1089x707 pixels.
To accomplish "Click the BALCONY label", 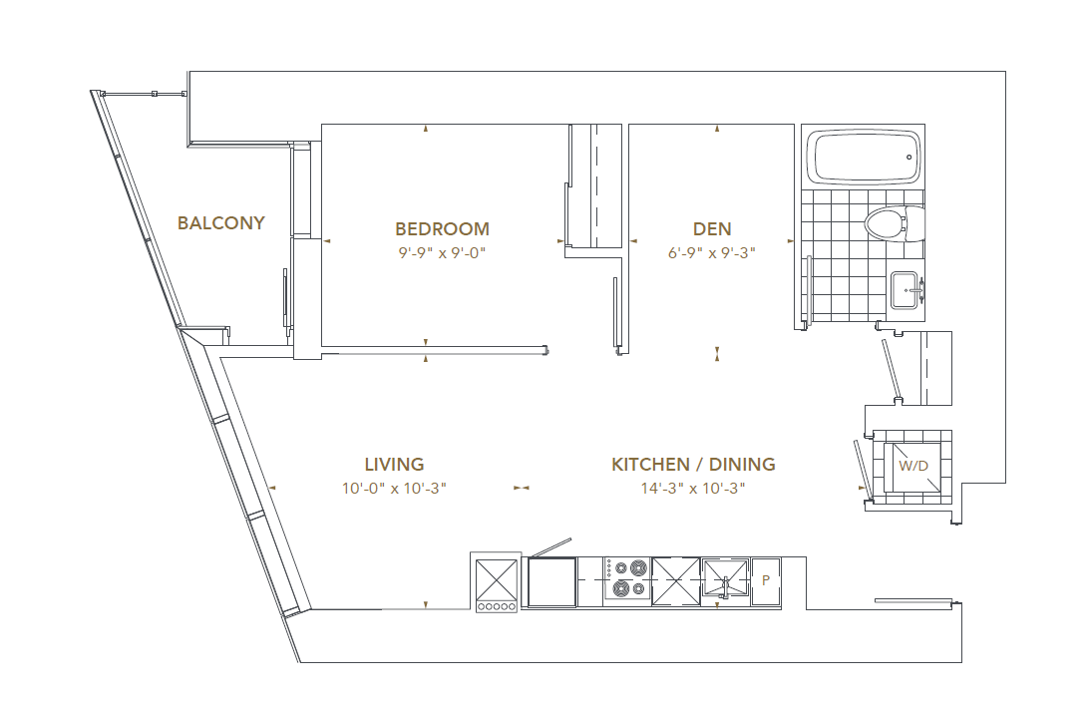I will [220, 223].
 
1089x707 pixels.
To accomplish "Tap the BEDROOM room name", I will [442, 229].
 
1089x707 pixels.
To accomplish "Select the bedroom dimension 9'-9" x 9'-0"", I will [442, 253].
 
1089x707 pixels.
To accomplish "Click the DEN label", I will [712, 229].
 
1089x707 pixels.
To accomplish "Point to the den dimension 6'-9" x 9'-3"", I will [712, 253].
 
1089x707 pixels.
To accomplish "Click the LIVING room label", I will [394, 465].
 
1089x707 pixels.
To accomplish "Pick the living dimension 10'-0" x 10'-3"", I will [394, 489].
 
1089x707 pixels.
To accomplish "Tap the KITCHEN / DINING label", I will [693, 465].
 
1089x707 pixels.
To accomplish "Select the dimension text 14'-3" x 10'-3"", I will [693, 489].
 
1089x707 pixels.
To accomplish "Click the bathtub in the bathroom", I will [865, 157].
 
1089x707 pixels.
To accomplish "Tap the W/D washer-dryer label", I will [912, 466].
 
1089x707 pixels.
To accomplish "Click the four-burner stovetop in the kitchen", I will [626, 580].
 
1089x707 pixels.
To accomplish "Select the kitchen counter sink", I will [724, 579].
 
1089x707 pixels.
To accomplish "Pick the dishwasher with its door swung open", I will [551, 580].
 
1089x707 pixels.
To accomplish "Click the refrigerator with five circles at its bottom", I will [497, 582].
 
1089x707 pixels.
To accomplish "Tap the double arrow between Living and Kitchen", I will [521, 488].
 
